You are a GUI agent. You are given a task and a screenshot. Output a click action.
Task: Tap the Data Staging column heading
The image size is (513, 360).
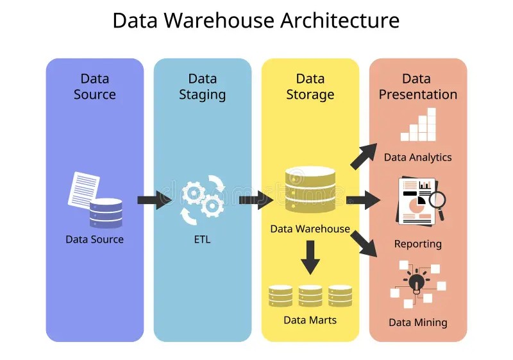tap(202, 87)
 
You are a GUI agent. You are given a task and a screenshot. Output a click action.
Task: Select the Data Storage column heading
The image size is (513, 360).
tap(310, 87)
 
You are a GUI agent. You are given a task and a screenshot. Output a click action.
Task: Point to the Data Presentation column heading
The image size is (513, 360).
tap(417, 87)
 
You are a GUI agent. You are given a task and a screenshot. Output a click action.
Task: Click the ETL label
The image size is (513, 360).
tap(202, 240)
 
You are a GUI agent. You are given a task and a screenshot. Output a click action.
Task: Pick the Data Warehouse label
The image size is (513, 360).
tap(310, 228)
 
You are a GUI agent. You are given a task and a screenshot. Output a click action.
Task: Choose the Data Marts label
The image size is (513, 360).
tap(310, 320)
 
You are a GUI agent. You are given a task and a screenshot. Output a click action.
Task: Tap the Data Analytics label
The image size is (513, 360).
tap(417, 157)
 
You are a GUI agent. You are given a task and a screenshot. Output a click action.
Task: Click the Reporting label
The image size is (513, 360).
tap(417, 244)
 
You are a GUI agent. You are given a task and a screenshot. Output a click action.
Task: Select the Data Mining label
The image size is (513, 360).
tap(417, 322)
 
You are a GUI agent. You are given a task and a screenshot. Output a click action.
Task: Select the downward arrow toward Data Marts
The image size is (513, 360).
tap(310, 256)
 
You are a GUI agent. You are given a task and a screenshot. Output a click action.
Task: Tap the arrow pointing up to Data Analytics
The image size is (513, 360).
tap(364, 156)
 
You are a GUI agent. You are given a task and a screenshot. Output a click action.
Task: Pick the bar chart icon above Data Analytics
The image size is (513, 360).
tap(418, 126)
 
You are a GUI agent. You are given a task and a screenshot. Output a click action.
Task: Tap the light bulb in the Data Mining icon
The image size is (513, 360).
tap(417, 282)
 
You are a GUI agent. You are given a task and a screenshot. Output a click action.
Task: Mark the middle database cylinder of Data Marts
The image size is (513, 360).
tap(310, 296)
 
